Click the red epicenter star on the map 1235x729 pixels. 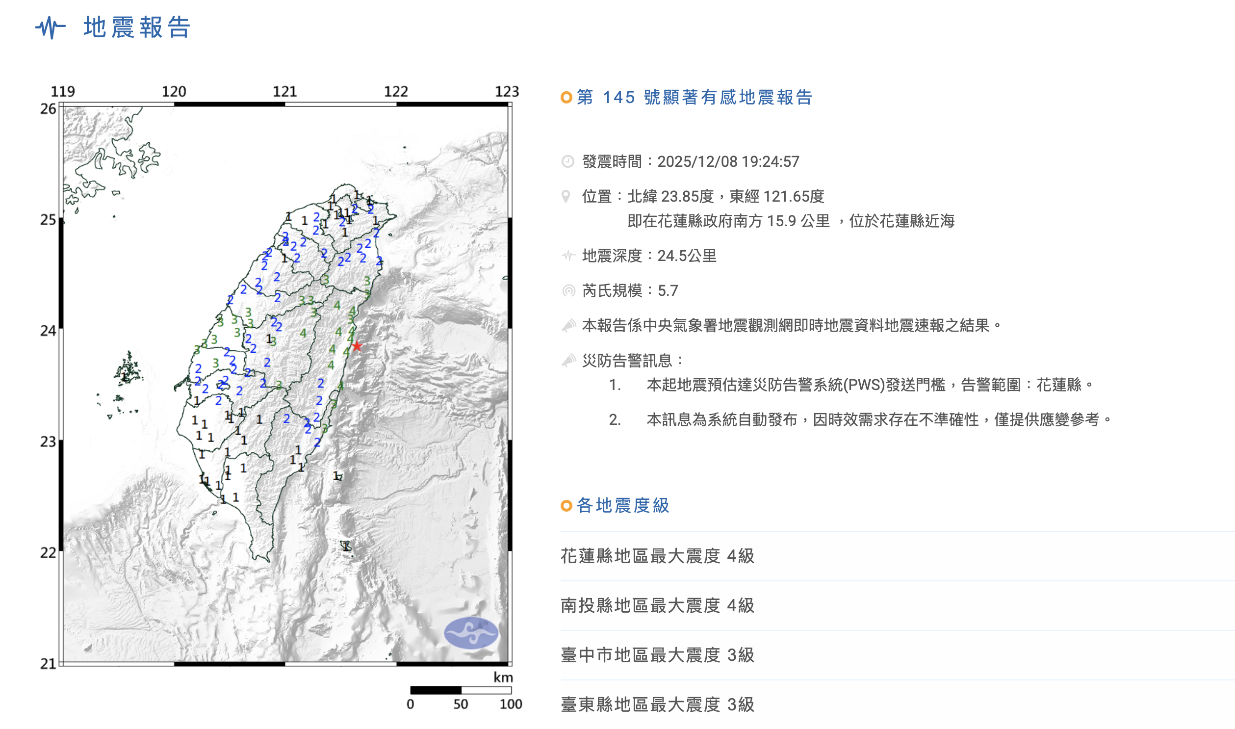[357, 346]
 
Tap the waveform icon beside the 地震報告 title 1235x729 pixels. [51, 27]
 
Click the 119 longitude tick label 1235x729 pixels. [63, 91]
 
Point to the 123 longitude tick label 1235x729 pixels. [507, 91]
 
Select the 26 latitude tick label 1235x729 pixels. [48, 109]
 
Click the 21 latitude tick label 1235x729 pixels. [48, 664]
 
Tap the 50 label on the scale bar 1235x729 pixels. [461, 704]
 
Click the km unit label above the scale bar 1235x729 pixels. [503, 677]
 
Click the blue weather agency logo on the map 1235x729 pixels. [471, 633]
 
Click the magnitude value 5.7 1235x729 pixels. [668, 291]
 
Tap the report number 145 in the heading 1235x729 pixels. [619, 97]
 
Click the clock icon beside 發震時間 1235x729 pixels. [567, 161]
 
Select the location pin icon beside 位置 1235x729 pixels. [566, 197]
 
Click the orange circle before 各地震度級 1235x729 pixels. [566, 505]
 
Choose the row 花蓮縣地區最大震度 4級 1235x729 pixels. [657, 556]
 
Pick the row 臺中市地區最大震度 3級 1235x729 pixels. [657, 655]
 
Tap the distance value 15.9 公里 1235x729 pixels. [798, 221]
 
